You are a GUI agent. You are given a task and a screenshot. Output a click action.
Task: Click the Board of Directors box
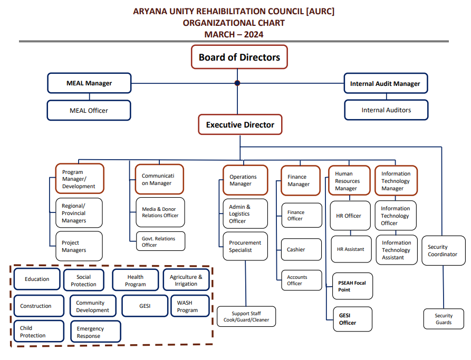[239, 57]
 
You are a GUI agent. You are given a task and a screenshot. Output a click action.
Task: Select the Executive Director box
[240, 125]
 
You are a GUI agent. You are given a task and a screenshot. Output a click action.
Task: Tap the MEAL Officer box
[89, 110]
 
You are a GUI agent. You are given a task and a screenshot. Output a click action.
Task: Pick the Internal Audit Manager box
[385, 83]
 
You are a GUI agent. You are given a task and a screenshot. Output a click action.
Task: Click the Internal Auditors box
[386, 110]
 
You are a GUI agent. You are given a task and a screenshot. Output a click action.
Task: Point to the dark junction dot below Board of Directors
[237, 83]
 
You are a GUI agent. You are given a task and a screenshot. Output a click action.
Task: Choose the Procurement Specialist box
[245, 246]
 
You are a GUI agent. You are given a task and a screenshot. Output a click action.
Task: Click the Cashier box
[301, 249]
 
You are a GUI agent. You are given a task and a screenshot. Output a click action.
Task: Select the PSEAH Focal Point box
[352, 286]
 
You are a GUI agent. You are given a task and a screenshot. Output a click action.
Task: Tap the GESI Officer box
[352, 319]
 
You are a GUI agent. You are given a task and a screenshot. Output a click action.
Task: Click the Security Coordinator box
[443, 250]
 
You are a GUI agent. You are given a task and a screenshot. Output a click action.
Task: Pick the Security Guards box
[443, 319]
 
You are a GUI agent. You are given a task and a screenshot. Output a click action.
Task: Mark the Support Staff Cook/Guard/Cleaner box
[246, 316]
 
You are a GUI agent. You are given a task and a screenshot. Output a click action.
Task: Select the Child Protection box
[38, 332]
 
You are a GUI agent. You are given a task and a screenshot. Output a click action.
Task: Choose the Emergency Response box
[95, 332]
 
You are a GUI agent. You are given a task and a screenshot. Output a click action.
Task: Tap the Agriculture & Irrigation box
[186, 280]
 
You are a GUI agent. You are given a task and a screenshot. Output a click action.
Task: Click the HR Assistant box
[351, 249]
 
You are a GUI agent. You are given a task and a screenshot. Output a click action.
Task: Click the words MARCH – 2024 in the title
[234, 35]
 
